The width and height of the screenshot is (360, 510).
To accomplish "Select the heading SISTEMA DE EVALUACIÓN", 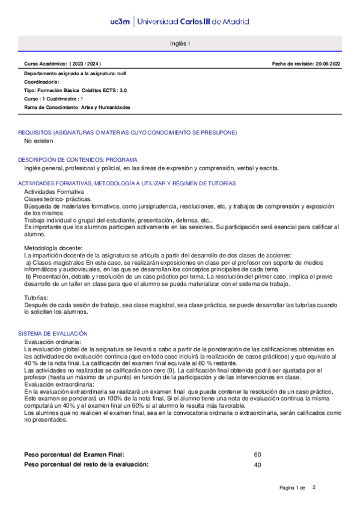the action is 53,333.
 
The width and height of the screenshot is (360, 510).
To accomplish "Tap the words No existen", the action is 38,141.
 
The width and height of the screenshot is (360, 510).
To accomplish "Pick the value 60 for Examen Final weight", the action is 258,455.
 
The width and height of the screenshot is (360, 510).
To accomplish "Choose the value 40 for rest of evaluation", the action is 258,464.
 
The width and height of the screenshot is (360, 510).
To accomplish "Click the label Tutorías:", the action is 37,298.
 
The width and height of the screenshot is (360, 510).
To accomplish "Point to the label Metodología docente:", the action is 53,248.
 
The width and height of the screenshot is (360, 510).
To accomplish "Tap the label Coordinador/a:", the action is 42,82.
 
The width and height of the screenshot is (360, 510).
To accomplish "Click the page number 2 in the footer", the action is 313,487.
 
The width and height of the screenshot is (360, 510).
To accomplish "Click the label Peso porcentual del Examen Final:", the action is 75,455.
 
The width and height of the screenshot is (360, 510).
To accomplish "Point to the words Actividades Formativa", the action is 54,191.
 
